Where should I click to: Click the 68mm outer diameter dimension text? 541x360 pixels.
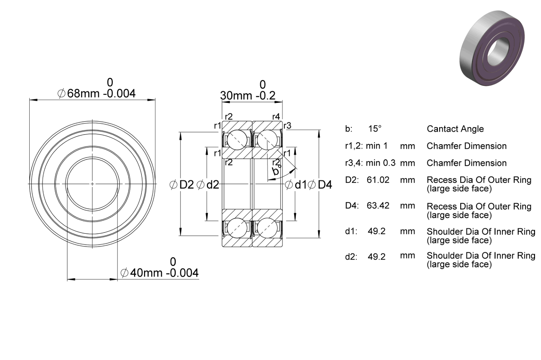(96, 93)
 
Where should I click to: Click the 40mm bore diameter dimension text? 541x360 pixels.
(159, 273)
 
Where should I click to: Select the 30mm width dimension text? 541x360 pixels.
(248, 96)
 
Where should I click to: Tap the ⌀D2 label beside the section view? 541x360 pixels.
(182, 185)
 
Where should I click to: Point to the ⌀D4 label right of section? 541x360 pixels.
(320, 185)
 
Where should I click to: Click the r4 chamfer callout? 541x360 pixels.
(276, 117)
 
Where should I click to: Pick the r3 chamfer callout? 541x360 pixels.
(287, 126)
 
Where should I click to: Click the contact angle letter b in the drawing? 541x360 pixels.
(275, 171)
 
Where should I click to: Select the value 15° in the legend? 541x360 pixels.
(375, 129)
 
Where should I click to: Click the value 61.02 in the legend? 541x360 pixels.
(378, 180)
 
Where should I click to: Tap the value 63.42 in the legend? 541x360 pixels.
(378, 205)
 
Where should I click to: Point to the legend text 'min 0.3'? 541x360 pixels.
(381, 163)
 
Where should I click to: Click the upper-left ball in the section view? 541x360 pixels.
(237, 140)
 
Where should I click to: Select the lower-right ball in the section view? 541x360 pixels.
(268, 228)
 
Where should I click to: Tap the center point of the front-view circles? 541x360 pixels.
(92, 184)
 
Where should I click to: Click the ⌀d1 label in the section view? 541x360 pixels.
(296, 185)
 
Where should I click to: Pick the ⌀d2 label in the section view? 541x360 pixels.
(208, 185)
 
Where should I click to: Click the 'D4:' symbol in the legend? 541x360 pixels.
(352, 205)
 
